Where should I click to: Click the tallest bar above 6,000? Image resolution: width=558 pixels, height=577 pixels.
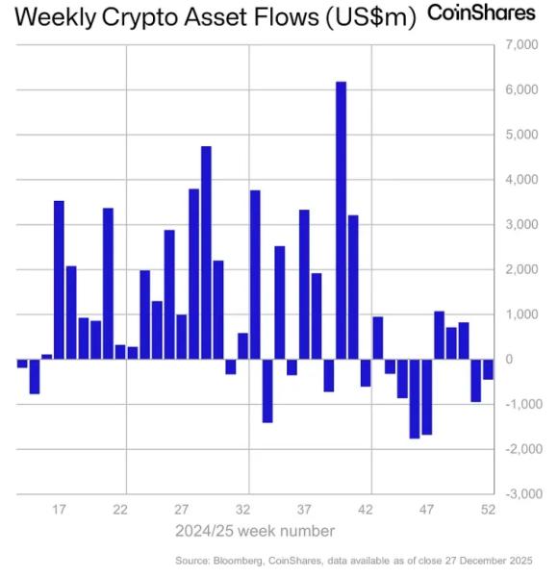pyautogui.click(x=341, y=220)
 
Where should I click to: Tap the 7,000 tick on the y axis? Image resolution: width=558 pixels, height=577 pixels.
pyautogui.click(x=518, y=45)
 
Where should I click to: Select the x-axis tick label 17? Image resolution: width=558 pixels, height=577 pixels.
pyautogui.click(x=58, y=510)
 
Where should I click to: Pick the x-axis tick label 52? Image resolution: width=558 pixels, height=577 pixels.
pyautogui.click(x=488, y=510)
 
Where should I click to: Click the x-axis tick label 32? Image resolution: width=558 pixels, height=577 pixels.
pyautogui.click(x=243, y=510)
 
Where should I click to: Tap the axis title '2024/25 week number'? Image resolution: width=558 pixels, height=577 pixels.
pyautogui.click(x=255, y=531)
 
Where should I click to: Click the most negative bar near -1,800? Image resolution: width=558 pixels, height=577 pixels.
pyautogui.click(x=415, y=398)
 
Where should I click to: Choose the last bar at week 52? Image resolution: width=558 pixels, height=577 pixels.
pyautogui.click(x=488, y=369)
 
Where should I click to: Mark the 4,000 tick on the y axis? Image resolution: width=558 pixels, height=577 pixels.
pyautogui.click(x=518, y=180)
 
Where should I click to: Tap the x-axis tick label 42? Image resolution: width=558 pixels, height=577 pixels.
pyautogui.click(x=366, y=510)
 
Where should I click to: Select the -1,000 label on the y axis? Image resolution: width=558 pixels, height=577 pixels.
pyautogui.click(x=515, y=404)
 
